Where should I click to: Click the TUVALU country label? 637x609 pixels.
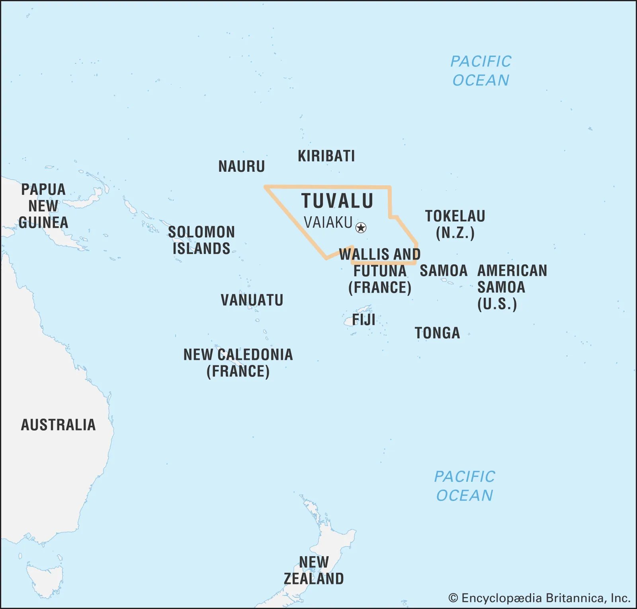pyautogui.click(x=337, y=201)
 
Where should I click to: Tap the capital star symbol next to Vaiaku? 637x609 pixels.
pyautogui.click(x=361, y=228)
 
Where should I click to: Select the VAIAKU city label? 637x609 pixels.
pyautogui.click(x=328, y=223)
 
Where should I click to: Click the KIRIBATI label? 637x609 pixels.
pyautogui.click(x=326, y=156)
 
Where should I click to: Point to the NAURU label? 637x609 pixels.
pyautogui.click(x=241, y=166)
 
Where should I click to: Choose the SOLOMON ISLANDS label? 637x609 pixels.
pyautogui.click(x=201, y=240)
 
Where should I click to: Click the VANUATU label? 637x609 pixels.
pyautogui.click(x=252, y=300)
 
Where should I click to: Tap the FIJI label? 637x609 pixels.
pyautogui.click(x=363, y=320)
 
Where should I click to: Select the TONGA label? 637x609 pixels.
pyautogui.click(x=437, y=333)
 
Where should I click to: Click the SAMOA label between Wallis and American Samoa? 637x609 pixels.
pyautogui.click(x=444, y=271)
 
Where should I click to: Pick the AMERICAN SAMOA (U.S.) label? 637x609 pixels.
pyautogui.click(x=512, y=287)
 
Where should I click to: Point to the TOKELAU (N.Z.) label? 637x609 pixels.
pyautogui.click(x=455, y=224)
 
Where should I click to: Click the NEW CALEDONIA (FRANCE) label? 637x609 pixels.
pyautogui.click(x=238, y=363)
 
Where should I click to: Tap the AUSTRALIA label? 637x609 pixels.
pyautogui.click(x=58, y=425)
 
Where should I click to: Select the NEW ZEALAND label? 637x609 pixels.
pyautogui.click(x=314, y=570)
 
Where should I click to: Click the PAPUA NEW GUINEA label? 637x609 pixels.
pyautogui.click(x=43, y=206)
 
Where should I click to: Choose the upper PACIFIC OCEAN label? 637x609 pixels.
pyautogui.click(x=481, y=71)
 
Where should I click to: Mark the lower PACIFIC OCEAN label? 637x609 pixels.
pyautogui.click(x=464, y=486)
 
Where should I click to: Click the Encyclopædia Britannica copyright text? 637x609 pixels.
pyautogui.click(x=539, y=598)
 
